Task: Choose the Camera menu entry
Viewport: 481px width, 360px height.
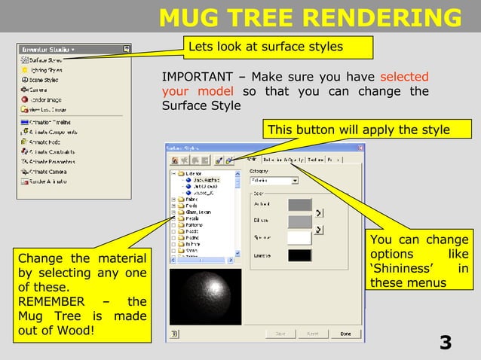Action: [x=38, y=89]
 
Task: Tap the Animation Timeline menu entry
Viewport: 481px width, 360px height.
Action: [x=50, y=121]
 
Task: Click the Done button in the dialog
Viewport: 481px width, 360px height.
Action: [x=345, y=334]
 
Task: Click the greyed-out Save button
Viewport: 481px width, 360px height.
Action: [x=280, y=334]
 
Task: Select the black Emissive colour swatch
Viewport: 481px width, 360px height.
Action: [x=299, y=255]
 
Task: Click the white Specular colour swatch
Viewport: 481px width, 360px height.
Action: [x=299, y=238]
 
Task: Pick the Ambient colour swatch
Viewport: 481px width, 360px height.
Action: [x=299, y=204]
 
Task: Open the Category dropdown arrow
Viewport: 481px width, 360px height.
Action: [x=294, y=181]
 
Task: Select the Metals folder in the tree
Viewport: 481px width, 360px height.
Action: [x=193, y=219]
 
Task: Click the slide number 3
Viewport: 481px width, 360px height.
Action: [x=446, y=343]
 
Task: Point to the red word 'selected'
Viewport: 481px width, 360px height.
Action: [x=404, y=77]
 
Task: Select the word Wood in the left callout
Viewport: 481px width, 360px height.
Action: [x=66, y=330]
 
